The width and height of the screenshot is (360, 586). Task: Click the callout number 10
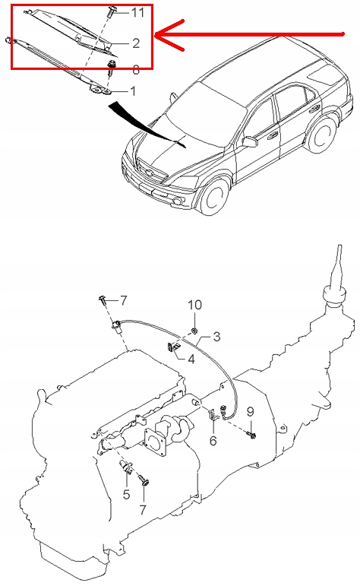195,305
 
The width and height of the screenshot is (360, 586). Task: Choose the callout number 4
191,360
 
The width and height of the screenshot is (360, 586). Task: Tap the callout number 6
213,440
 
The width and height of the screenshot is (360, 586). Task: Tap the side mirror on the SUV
250,141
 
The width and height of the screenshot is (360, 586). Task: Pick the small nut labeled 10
194,330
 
